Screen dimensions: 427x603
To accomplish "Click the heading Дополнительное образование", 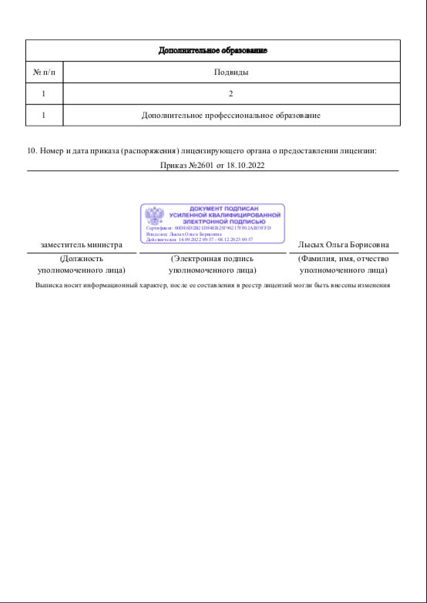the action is [213, 51].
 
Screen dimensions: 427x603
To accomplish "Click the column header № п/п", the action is [45, 72].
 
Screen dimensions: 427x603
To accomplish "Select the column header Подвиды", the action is [230, 72].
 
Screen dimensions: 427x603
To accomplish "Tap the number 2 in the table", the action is [230, 94].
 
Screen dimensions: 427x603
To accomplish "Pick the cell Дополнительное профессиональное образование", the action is [230, 116].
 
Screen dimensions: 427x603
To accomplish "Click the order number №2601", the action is [201, 166].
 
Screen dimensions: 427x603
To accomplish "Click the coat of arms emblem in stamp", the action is [155, 215].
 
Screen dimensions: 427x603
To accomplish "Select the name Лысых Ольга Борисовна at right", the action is [343, 246].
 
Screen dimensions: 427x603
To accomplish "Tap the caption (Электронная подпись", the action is [212, 260].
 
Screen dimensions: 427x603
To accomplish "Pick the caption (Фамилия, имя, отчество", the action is [343, 260].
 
